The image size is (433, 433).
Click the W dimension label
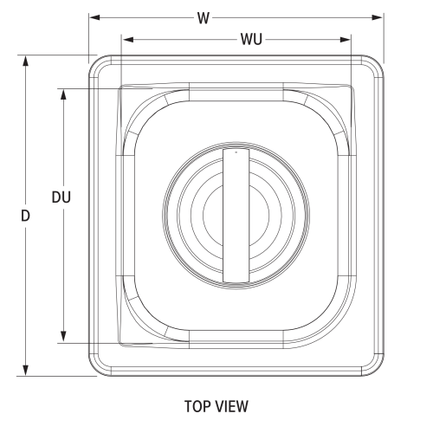pos(203,17)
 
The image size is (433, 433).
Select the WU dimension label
pos(251,39)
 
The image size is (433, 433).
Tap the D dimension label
pos(27,215)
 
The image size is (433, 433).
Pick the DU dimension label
pos(61,197)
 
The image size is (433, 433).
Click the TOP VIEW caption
pos(216,406)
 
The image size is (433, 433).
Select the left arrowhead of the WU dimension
pos(125,39)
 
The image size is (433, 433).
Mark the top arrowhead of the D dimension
pos(27,60)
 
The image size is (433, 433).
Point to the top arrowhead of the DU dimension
pos(62,91)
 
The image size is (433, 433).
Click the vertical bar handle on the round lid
pos(236,216)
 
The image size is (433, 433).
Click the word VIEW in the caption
pos(233,406)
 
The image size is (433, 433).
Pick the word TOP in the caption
pos(198,406)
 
